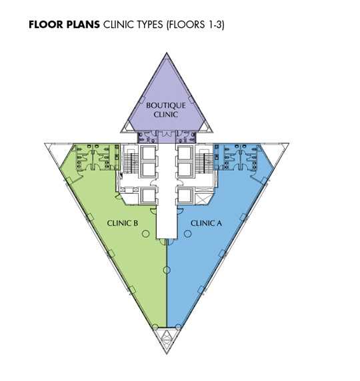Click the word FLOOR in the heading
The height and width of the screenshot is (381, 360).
pos(45,25)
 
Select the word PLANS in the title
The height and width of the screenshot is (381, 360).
pos(81,25)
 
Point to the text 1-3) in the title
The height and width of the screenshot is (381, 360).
pos(214,25)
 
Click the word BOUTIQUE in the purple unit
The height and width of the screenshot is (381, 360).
pos(166,105)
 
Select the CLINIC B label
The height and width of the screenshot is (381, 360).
pos(123,223)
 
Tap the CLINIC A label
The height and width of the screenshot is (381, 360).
pos(206,223)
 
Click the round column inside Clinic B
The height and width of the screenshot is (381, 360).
pos(145,234)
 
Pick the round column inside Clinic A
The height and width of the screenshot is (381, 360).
pos(188,234)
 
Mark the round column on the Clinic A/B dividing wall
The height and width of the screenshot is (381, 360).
pos(167,270)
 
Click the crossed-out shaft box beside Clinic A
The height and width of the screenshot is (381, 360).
pos(202,199)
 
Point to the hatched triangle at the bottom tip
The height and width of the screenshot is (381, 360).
pos(167,339)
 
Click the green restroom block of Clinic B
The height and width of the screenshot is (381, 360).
pos(97,157)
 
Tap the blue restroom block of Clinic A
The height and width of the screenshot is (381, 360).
pos(237,157)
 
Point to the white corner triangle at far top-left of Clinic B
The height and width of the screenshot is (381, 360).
pos(55,151)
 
